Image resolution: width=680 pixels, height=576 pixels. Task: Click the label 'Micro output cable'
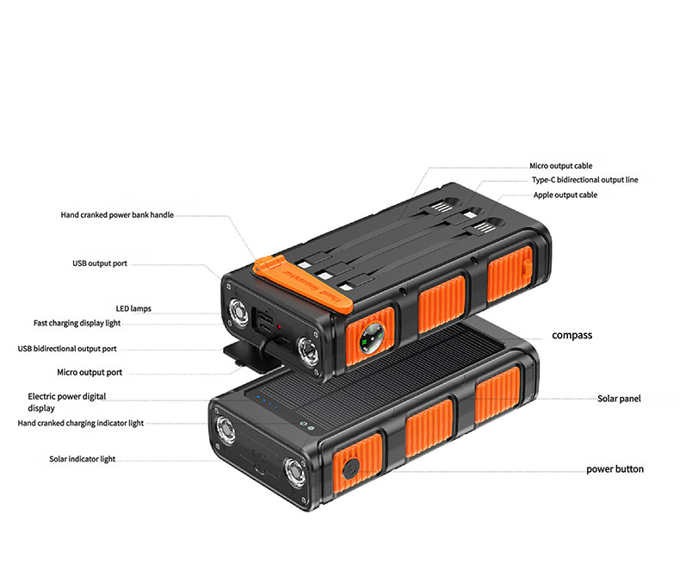tap(560, 165)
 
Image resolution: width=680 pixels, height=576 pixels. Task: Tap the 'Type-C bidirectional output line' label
tap(584, 180)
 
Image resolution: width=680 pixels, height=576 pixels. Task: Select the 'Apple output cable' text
tap(565, 195)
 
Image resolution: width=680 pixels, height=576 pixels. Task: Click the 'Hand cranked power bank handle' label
tap(117, 214)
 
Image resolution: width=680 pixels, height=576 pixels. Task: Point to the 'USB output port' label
tap(100, 263)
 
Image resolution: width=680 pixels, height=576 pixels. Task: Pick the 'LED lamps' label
tap(133, 307)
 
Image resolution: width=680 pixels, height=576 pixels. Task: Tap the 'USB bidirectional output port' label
tap(79, 349)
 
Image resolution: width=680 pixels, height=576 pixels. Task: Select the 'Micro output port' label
tap(90, 372)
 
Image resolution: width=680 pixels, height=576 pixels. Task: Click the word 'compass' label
tap(572, 335)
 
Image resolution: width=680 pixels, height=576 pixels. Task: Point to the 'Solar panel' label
tap(619, 399)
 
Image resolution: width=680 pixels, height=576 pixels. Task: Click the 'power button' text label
tap(615, 469)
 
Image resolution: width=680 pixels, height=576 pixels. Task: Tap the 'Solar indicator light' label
tap(83, 459)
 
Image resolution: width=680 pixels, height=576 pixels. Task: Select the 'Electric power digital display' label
tap(66, 402)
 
